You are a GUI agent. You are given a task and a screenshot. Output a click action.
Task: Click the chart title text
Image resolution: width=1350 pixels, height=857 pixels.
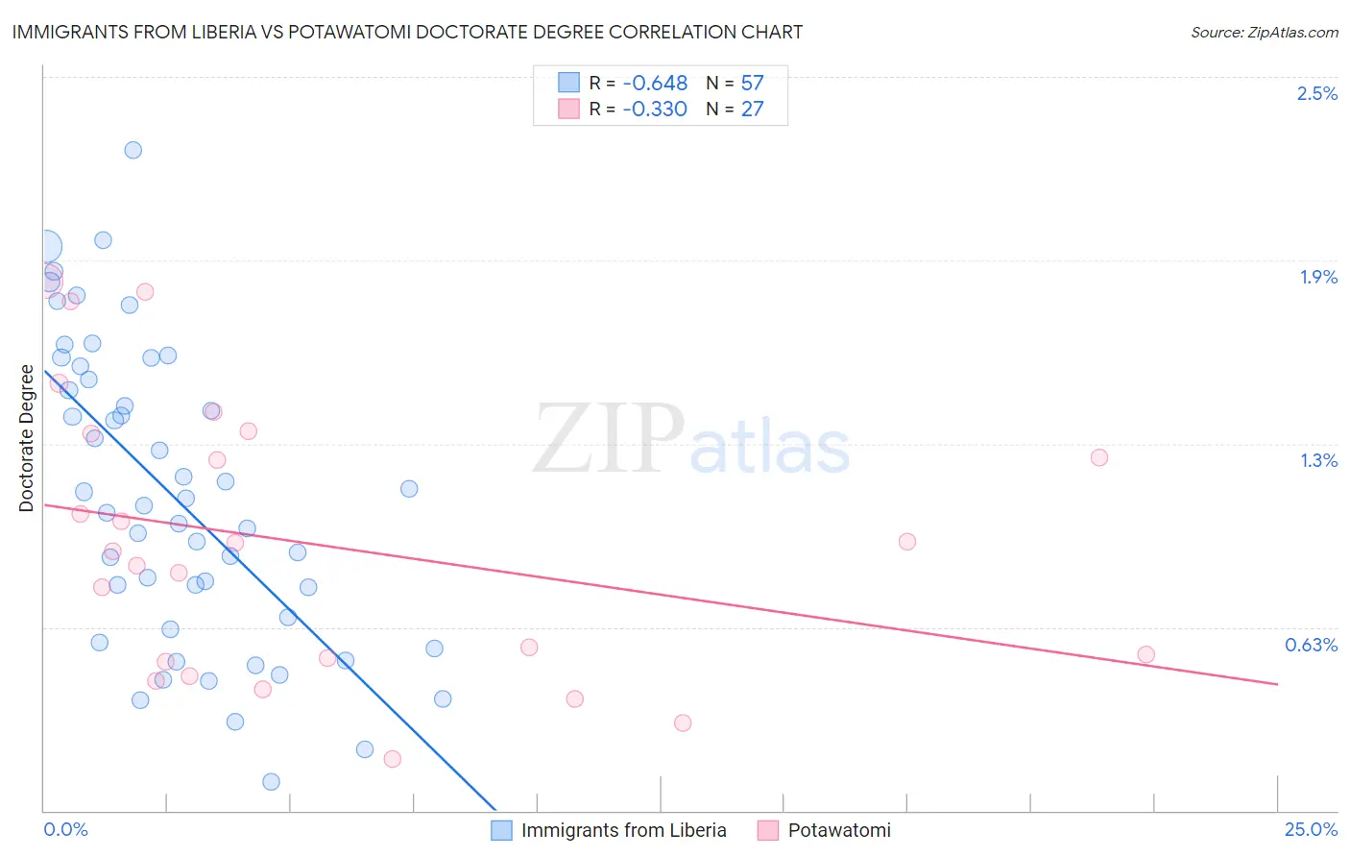[x=407, y=32]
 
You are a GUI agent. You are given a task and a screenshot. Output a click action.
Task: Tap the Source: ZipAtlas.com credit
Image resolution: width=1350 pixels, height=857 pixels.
[x=1264, y=33]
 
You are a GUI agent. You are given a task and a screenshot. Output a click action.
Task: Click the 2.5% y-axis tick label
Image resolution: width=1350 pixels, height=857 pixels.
[x=1316, y=93]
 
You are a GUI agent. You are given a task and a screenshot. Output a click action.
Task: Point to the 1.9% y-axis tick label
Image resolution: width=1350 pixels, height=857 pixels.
[x=1318, y=277]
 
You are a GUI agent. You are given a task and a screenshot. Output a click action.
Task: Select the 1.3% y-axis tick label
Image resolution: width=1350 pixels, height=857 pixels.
[x=1318, y=460]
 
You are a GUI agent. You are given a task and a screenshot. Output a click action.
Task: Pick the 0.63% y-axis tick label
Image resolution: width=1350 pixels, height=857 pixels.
[x=1311, y=645]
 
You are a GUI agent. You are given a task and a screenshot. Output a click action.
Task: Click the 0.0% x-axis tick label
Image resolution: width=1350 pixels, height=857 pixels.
[x=65, y=829]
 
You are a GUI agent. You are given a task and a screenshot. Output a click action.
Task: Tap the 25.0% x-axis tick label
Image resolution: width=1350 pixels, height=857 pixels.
[x=1311, y=829]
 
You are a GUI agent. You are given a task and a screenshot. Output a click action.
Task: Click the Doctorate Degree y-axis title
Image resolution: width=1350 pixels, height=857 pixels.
[x=27, y=438]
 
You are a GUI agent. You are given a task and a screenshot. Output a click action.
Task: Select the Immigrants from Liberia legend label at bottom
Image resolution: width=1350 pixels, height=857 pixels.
[x=623, y=830]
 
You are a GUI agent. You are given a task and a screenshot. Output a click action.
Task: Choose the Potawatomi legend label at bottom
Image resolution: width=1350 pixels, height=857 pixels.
[x=839, y=830]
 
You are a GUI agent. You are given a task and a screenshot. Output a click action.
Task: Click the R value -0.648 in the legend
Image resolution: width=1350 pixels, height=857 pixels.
[x=655, y=84]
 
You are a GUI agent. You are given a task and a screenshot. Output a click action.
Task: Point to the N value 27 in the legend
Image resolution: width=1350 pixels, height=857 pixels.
[x=752, y=110]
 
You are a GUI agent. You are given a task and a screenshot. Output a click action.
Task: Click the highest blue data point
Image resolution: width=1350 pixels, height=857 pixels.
[x=133, y=150]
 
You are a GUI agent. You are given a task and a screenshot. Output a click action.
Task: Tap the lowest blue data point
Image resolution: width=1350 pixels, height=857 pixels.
[x=271, y=782]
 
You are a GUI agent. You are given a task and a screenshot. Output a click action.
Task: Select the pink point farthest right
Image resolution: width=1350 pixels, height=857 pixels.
[x=1145, y=654]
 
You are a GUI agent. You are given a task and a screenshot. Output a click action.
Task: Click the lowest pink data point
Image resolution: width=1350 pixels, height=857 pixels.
[x=392, y=759]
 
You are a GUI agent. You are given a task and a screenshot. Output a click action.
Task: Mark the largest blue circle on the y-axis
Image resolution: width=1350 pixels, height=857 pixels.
[x=45, y=248]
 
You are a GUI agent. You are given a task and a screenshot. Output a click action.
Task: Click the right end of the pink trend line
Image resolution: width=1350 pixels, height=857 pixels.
[x=1277, y=684]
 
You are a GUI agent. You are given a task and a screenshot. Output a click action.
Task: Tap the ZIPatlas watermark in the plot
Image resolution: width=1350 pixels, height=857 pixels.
[x=691, y=440]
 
